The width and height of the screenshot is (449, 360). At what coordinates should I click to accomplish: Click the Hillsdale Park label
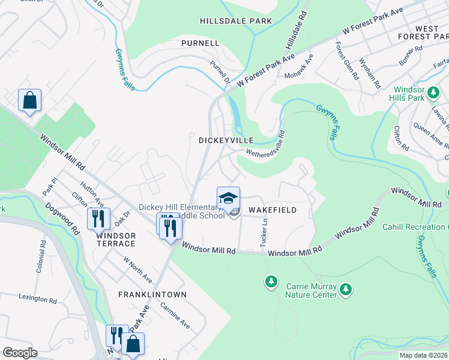[236, 21]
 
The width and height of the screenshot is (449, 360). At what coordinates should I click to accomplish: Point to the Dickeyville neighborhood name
[226, 140]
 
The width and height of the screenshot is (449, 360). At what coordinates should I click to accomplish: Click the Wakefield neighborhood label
[273, 211]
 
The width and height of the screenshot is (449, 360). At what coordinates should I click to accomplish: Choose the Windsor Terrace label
[115, 239]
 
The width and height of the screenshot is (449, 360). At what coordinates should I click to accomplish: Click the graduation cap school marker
[228, 197]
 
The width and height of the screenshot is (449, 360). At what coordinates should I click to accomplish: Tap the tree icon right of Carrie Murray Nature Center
[345, 290]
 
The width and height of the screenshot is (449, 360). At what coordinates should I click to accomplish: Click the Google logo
[20, 353]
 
